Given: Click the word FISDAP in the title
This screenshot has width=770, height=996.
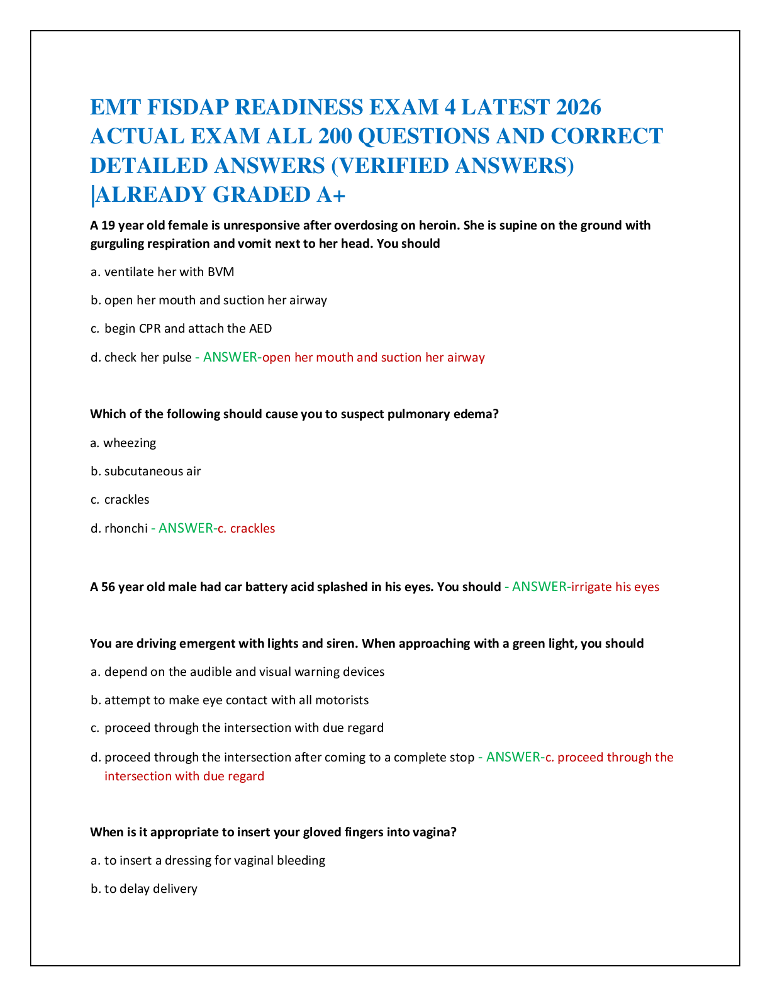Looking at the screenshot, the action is [x=188, y=108].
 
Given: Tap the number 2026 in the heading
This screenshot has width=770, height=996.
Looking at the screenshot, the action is [x=578, y=108].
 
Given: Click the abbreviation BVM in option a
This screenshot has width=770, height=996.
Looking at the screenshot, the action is [x=221, y=272].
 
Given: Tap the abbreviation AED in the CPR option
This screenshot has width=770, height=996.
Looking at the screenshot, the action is [x=260, y=329].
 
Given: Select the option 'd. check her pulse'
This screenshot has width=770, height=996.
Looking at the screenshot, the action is [x=141, y=358].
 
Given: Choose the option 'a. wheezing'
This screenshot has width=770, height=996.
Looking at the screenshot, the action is [x=123, y=443].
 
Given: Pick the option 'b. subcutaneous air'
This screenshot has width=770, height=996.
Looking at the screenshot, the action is [x=145, y=471].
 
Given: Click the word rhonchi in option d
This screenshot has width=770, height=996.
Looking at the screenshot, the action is [x=126, y=528].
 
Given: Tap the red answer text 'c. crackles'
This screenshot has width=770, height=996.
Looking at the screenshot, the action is [x=246, y=528].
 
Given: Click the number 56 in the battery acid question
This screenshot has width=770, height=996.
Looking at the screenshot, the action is [x=108, y=587].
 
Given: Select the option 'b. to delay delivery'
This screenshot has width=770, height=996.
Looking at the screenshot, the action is [x=144, y=889].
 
